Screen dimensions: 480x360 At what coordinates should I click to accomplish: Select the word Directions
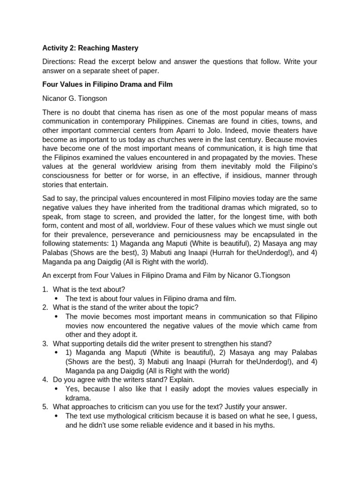click(59, 62)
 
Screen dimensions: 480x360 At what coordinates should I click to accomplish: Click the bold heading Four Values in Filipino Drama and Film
click(107, 84)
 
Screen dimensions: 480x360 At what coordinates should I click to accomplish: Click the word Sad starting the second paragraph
click(49, 198)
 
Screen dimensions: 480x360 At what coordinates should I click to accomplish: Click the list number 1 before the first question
click(45, 289)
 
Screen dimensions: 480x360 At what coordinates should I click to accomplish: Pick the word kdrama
click(77, 398)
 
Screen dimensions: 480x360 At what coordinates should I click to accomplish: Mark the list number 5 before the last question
click(45, 407)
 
